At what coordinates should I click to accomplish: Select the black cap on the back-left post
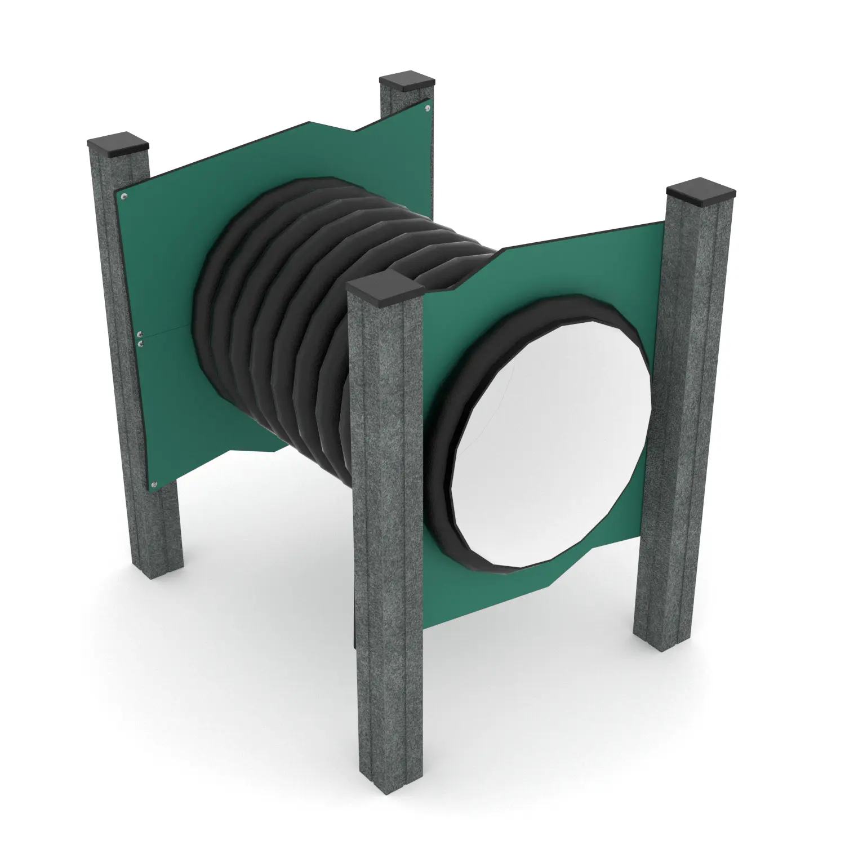coord(118,144)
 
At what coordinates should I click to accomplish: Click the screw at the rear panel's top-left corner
coord(124,197)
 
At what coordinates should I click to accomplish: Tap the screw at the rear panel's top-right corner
coord(428,107)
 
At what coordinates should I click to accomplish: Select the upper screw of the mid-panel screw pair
coord(140,334)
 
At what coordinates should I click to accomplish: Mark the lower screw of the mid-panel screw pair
coord(141,343)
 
